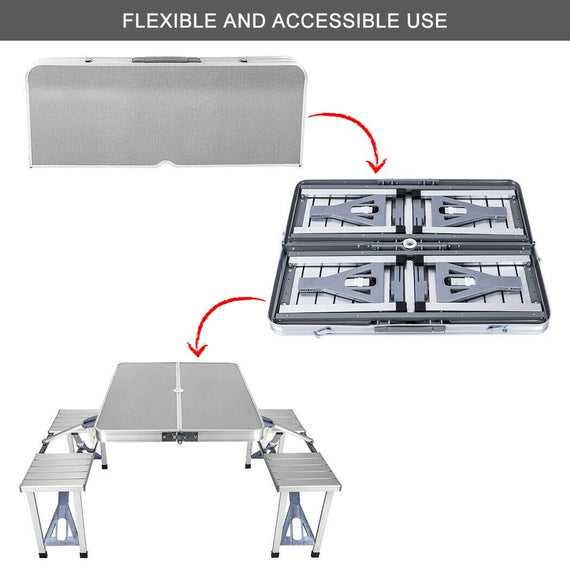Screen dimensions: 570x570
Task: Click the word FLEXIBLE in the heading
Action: [169, 20]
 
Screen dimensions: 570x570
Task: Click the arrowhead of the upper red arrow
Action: [377, 162]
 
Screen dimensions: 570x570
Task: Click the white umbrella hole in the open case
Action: [411, 245]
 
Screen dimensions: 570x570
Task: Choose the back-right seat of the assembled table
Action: [281, 420]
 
